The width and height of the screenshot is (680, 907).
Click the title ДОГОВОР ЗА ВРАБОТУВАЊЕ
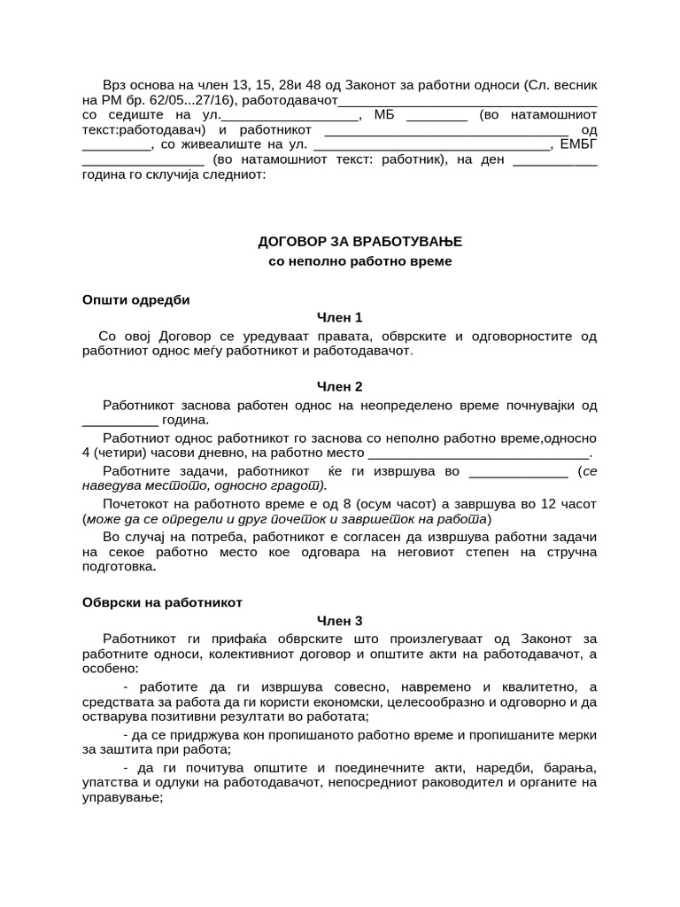359,241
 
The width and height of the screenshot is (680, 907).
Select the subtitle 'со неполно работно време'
359,262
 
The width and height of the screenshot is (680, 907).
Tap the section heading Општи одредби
135,299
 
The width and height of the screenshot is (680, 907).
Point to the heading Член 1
340,317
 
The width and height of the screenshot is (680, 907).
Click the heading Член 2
340,386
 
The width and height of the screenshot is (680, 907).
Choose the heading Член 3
340,621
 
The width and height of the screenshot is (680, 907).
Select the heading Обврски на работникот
162,602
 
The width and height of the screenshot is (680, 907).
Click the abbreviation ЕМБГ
579,144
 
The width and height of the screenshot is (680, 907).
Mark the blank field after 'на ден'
554,160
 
